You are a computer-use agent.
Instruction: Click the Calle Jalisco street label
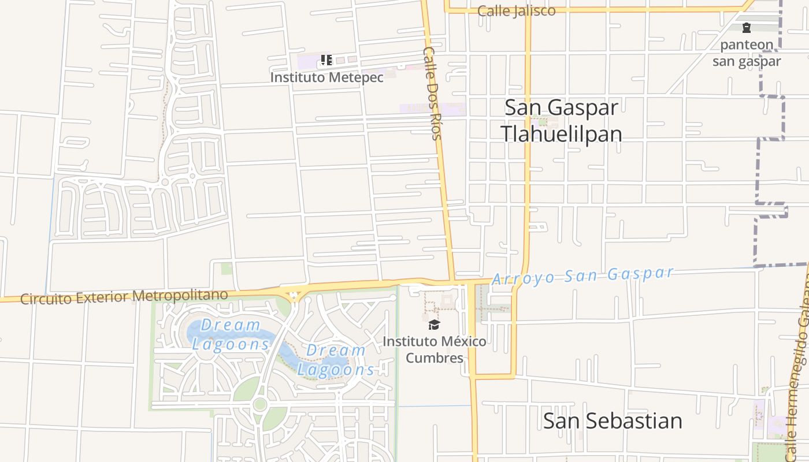tap(517, 11)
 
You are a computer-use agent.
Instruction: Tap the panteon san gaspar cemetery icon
tap(747, 28)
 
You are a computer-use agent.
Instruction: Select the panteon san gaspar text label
tap(747, 53)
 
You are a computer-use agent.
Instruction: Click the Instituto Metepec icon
tap(326, 60)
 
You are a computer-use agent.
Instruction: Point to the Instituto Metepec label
tap(326, 77)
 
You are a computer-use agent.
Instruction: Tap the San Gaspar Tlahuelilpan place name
tap(561, 121)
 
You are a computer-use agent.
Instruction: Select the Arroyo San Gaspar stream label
tap(582, 275)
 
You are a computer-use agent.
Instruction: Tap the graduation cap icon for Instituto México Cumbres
tap(435, 325)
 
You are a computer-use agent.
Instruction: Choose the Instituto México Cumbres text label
tap(435, 349)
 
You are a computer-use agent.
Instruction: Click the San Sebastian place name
tap(612, 420)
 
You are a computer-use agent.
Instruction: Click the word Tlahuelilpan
tap(561, 134)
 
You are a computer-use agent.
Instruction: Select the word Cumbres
tap(435, 358)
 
